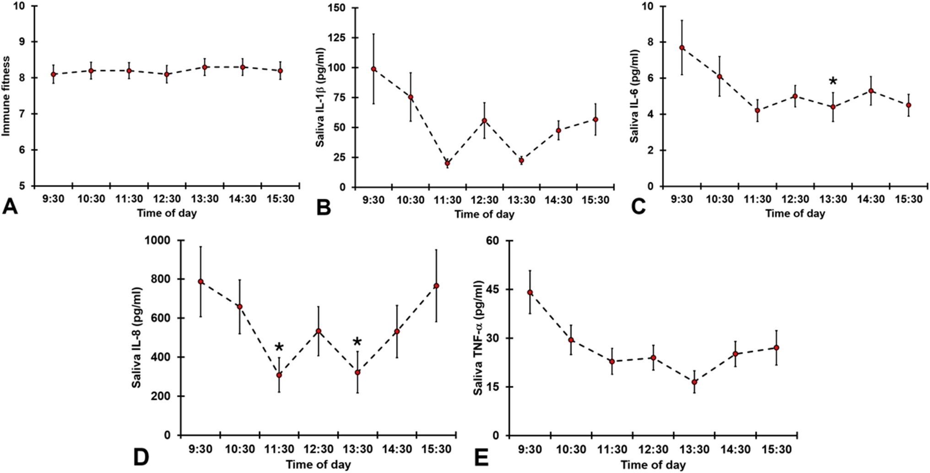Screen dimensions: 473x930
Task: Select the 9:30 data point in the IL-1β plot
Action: [x=373, y=69]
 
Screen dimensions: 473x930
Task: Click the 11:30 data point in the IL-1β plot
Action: [x=448, y=163]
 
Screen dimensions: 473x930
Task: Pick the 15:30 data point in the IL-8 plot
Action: [x=436, y=286]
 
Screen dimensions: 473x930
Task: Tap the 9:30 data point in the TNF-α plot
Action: [x=530, y=292]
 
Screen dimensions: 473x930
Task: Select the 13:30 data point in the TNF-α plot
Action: [x=694, y=382]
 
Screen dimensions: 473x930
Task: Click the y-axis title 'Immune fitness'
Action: [x=6, y=96]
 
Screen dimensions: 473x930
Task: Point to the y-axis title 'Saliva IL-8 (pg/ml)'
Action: [x=137, y=338]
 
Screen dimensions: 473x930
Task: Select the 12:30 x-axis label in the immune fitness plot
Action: [x=167, y=199]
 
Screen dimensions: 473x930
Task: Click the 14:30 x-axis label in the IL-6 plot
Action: [x=871, y=199]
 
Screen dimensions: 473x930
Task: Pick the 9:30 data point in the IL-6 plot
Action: [x=682, y=48]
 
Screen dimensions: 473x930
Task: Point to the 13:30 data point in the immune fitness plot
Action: [x=205, y=67]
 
